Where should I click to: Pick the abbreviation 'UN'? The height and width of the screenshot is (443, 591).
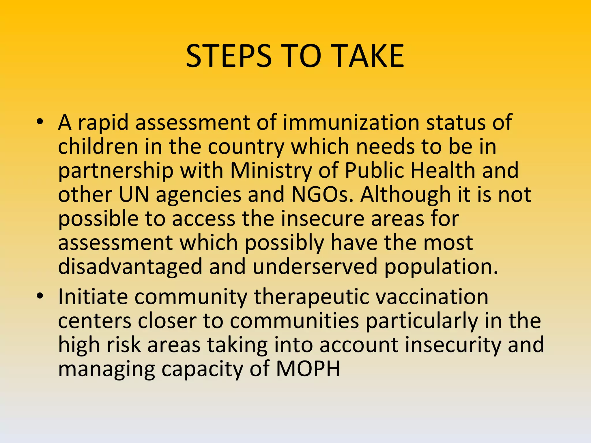coord(134,195)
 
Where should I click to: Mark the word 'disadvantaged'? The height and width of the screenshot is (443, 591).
coord(130,267)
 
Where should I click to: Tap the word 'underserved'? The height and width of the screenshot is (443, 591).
coord(315,266)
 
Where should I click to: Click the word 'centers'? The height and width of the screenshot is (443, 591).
coord(95,321)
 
